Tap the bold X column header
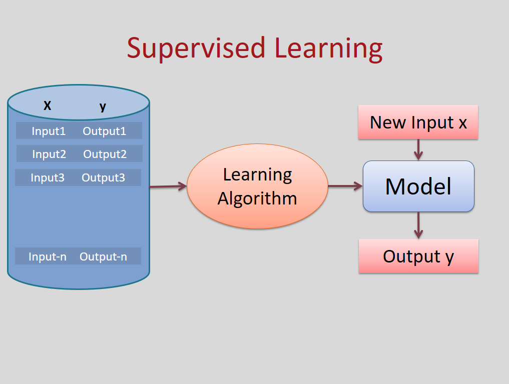click(x=48, y=106)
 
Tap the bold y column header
click(x=103, y=106)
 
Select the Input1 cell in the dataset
click(x=49, y=131)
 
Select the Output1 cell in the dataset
click(x=104, y=131)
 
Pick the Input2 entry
click(x=49, y=154)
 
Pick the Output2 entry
click(x=105, y=154)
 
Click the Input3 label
click(x=48, y=177)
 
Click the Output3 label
click(x=103, y=177)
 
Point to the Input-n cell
click(x=48, y=256)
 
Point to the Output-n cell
click(x=103, y=256)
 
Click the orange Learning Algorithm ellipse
click(x=257, y=186)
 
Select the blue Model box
click(x=418, y=186)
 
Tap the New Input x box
click(x=418, y=122)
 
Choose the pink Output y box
click(x=418, y=256)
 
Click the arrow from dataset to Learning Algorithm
click(x=168, y=187)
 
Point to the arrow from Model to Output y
click(x=418, y=225)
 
